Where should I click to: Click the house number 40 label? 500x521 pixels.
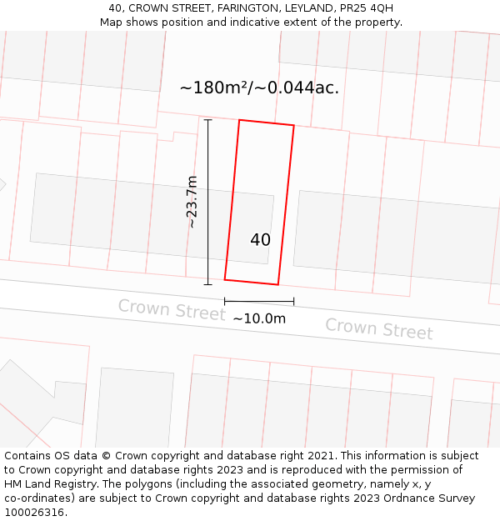[x=260, y=240]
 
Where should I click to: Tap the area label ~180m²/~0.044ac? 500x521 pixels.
[x=259, y=88]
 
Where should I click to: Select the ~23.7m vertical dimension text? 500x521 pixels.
[x=192, y=202]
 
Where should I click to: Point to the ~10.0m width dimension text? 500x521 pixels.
[x=259, y=318]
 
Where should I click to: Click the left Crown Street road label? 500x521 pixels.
[x=171, y=309]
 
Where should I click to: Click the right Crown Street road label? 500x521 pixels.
[x=378, y=328]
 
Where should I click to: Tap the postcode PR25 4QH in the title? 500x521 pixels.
[x=367, y=8]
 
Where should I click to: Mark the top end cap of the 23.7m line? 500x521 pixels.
[x=207, y=120]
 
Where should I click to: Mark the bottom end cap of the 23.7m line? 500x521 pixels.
[x=207, y=284]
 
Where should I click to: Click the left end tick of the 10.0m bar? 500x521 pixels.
[x=225, y=301]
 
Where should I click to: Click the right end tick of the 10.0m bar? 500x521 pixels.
[x=293, y=301]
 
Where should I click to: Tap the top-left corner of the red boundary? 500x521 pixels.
[x=240, y=120]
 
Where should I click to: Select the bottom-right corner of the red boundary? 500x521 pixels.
[x=277, y=284]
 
